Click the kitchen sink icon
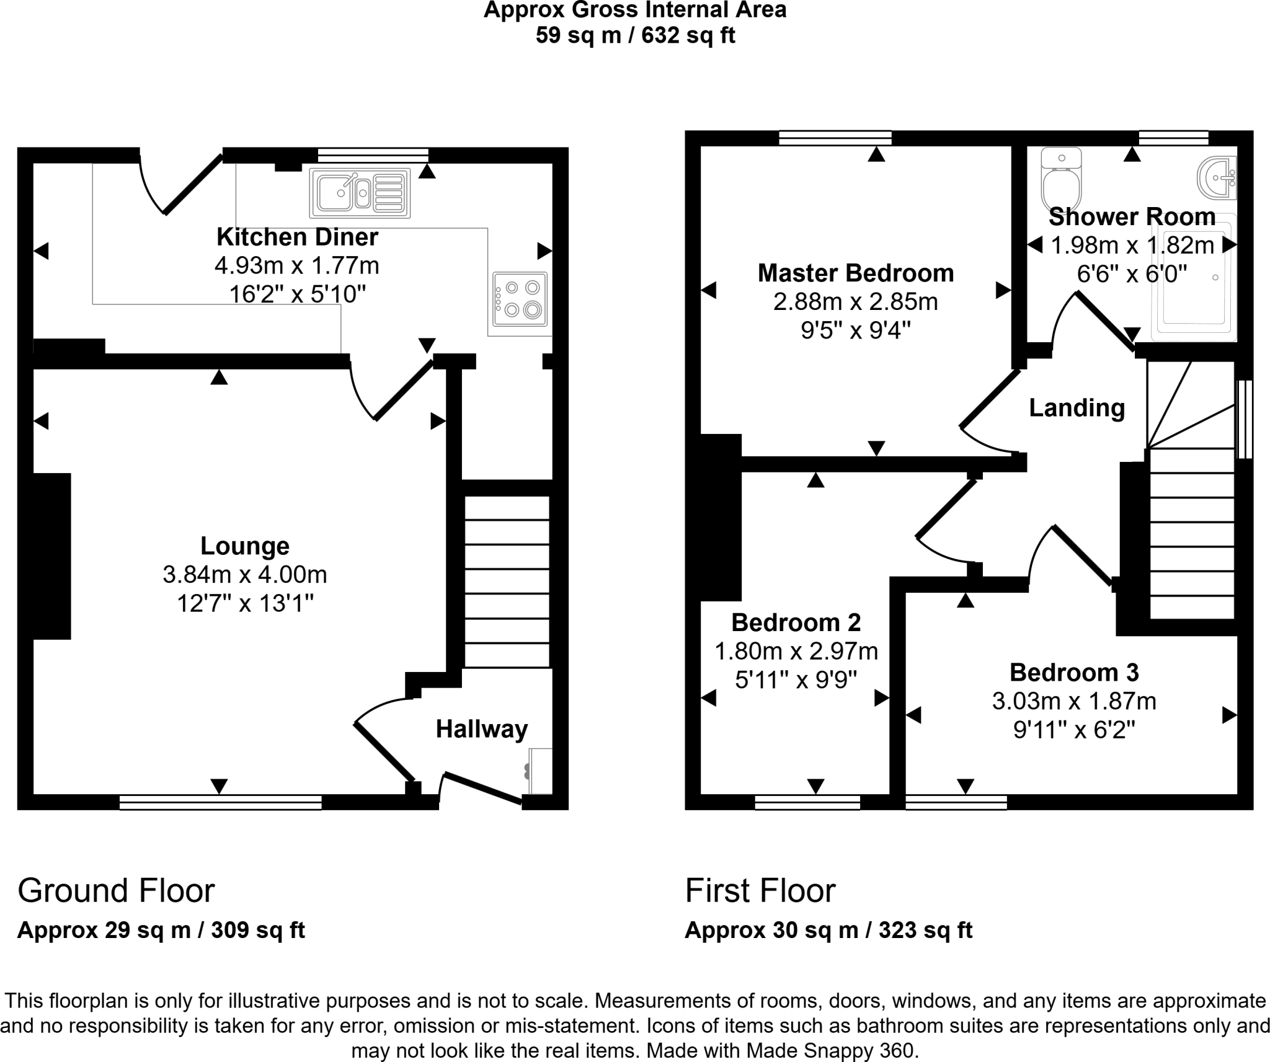[360, 193]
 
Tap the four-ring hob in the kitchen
[520, 299]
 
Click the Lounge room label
[245, 546]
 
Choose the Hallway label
[481, 729]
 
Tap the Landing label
[1077, 408]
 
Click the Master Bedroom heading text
[855, 273]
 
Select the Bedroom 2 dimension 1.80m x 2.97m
[796, 651]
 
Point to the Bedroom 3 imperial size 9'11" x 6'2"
[1074, 730]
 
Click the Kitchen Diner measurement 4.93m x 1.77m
[296, 266]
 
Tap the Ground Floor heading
[116, 891]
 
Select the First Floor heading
[760, 891]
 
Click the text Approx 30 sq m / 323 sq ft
[828, 930]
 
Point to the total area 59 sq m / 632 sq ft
[635, 35]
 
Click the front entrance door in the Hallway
[482, 789]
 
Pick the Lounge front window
[220, 802]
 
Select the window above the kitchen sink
[373, 155]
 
